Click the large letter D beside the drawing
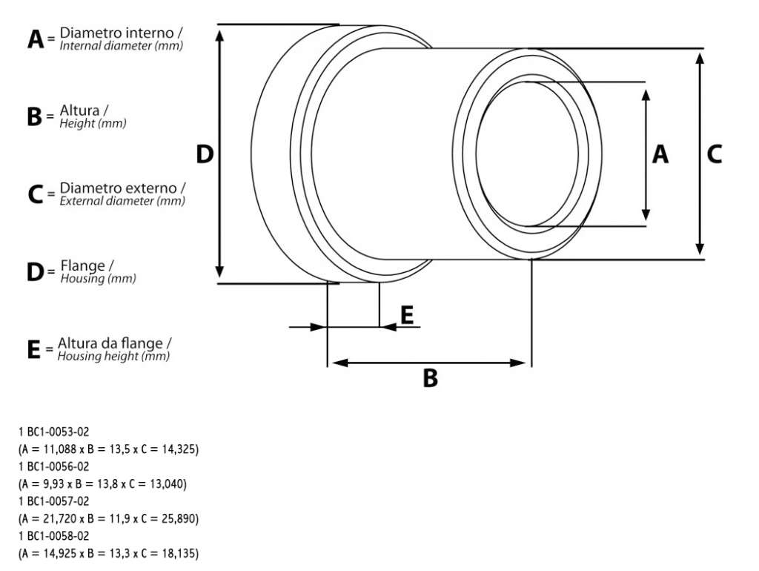[205, 154]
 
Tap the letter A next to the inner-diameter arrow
[660, 154]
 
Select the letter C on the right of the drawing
[714, 154]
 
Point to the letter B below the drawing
[431, 378]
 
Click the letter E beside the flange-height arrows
[408, 315]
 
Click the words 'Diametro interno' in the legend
[116, 33]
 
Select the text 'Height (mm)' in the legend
[93, 124]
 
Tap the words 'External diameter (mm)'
[122, 201]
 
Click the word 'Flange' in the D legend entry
[83, 265]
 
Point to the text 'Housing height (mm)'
[113, 356]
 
